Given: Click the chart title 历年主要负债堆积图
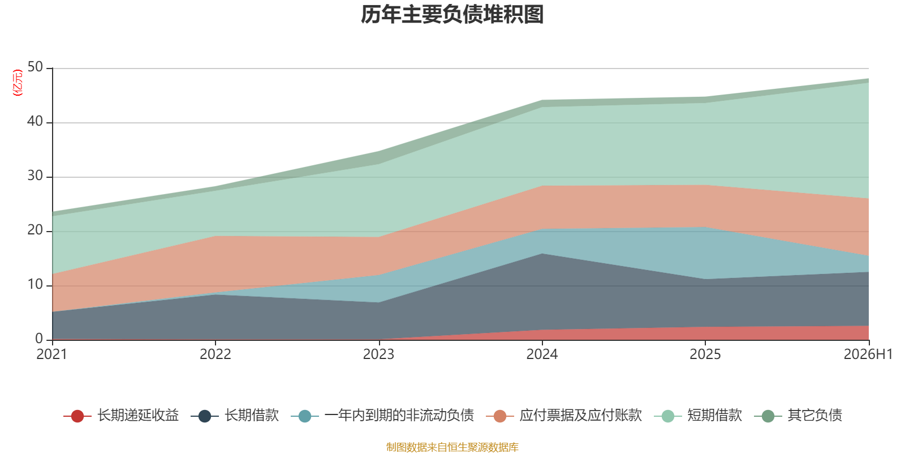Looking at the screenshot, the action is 452,15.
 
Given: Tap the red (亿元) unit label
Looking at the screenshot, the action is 18,83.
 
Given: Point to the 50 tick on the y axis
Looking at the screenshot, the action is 35,67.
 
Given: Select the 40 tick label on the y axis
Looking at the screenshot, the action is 35,121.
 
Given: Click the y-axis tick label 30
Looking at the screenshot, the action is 35,176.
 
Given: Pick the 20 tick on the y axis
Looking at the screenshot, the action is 35,230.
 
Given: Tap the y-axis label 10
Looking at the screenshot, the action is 35,285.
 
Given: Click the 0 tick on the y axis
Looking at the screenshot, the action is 39,339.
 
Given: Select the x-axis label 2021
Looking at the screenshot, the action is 51,354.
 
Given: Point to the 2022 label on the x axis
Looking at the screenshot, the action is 216,354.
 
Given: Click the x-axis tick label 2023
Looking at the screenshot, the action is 378,354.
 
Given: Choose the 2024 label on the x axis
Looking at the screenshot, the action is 542,354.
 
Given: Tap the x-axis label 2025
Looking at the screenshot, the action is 705,354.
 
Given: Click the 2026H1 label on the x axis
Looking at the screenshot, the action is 868,354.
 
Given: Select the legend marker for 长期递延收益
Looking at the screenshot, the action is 77,416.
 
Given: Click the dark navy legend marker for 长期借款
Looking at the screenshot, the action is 205,416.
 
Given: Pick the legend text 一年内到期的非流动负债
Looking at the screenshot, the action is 399,416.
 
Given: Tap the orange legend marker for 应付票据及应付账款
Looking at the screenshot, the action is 500,416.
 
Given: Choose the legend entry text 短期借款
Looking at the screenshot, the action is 715,416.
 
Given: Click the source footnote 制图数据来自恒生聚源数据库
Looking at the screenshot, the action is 452,447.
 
